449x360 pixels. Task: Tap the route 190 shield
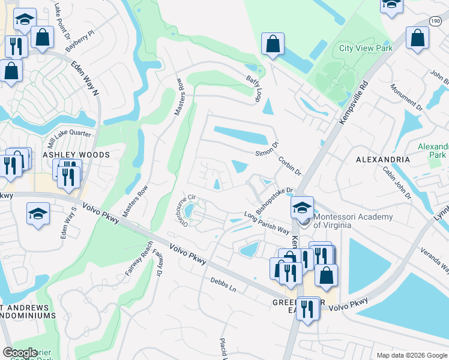coord(436,21)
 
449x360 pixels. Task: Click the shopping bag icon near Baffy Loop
coord(273,44)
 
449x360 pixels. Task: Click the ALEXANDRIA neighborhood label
coord(383,160)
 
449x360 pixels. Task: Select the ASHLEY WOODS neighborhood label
coord(76,155)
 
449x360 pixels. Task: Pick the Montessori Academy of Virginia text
coord(353,221)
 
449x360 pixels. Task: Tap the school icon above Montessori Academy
coord(302,208)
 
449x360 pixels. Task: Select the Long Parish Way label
coord(267,223)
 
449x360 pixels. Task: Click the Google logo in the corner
coord(20,353)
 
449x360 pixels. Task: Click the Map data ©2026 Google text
coord(411,355)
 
